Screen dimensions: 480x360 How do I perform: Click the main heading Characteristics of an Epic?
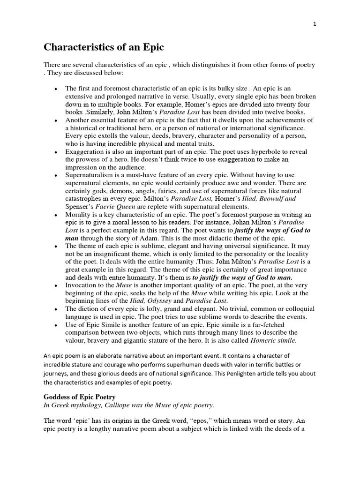[104, 47]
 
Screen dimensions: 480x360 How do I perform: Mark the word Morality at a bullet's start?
[79, 214]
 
